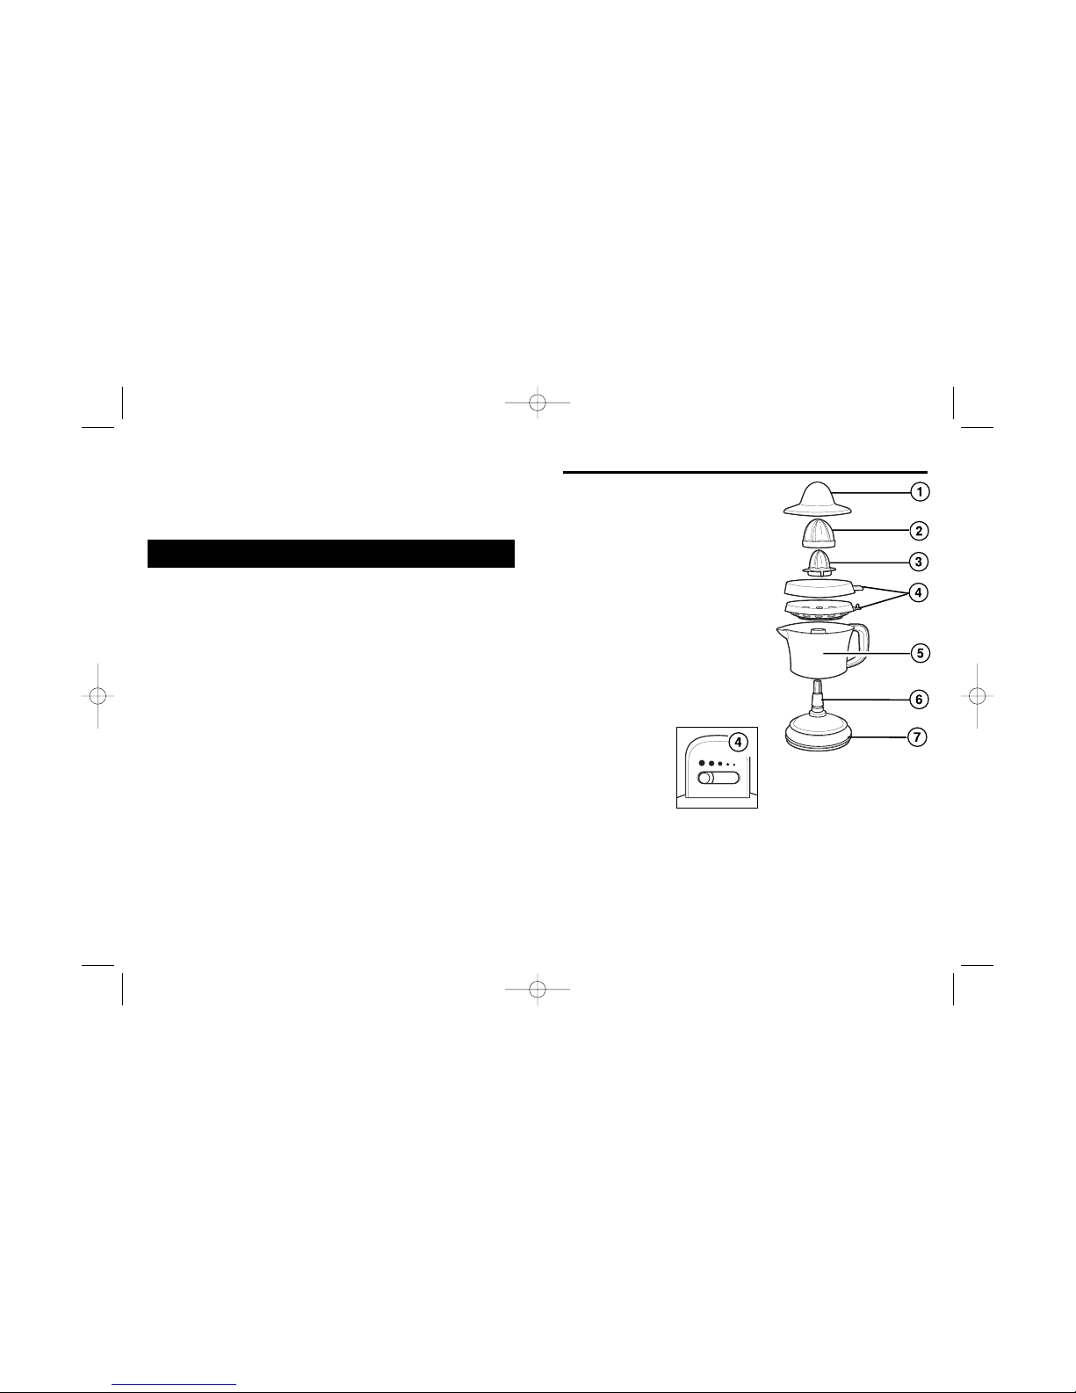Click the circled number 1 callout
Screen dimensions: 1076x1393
920,491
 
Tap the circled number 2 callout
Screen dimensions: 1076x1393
919,531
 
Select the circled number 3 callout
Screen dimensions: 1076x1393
919,562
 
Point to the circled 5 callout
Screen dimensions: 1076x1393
920,653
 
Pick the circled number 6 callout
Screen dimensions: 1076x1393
919,700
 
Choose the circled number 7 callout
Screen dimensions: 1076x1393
917,737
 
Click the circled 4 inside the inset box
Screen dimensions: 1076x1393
739,743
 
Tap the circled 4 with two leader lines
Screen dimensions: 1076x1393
919,592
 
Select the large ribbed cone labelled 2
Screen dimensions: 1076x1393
819,533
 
